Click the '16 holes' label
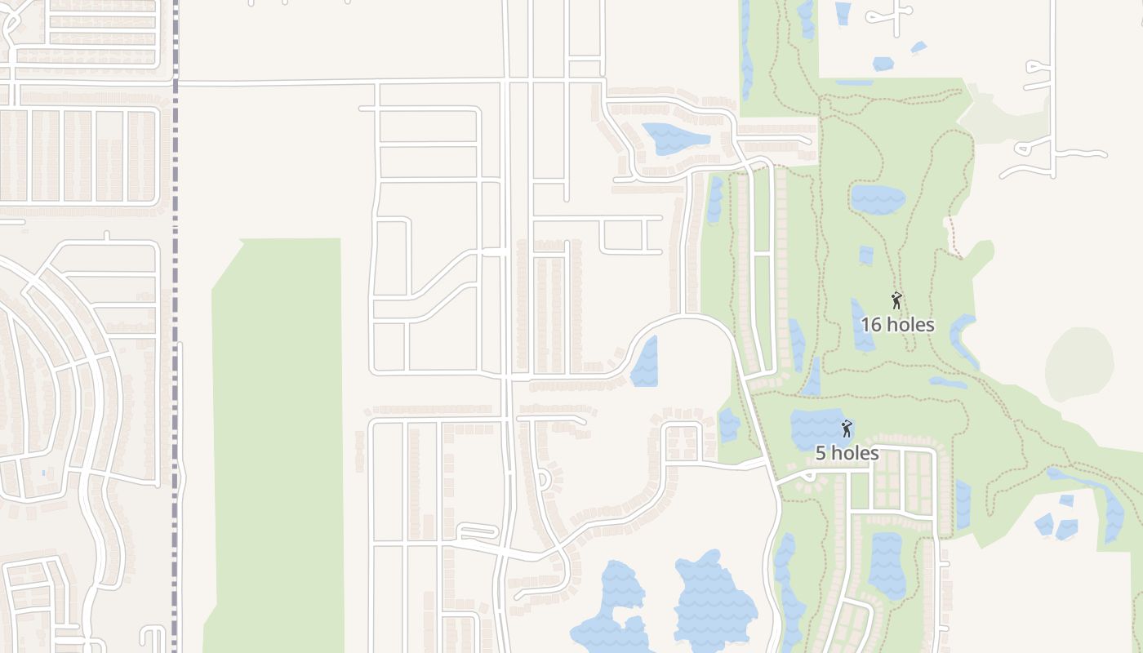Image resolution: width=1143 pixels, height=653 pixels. [897, 324]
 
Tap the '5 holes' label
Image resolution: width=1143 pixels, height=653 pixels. [847, 453]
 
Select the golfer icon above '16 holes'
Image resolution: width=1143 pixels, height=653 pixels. [896, 300]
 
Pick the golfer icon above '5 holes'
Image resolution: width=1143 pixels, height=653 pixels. [847, 429]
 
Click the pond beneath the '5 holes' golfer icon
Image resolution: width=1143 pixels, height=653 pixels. [816, 428]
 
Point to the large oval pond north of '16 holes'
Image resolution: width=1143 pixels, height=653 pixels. [878, 199]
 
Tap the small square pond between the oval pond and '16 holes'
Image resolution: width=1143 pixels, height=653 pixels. [865, 255]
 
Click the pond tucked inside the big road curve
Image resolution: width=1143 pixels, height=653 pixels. [645, 363]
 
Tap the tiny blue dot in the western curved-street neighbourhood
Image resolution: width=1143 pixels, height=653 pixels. [43, 473]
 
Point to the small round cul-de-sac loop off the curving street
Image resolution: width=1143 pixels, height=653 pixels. [543, 481]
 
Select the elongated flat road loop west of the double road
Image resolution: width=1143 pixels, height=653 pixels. [478, 531]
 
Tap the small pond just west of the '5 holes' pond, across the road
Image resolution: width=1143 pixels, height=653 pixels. [728, 425]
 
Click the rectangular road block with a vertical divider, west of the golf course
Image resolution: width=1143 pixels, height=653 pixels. [630, 236]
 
